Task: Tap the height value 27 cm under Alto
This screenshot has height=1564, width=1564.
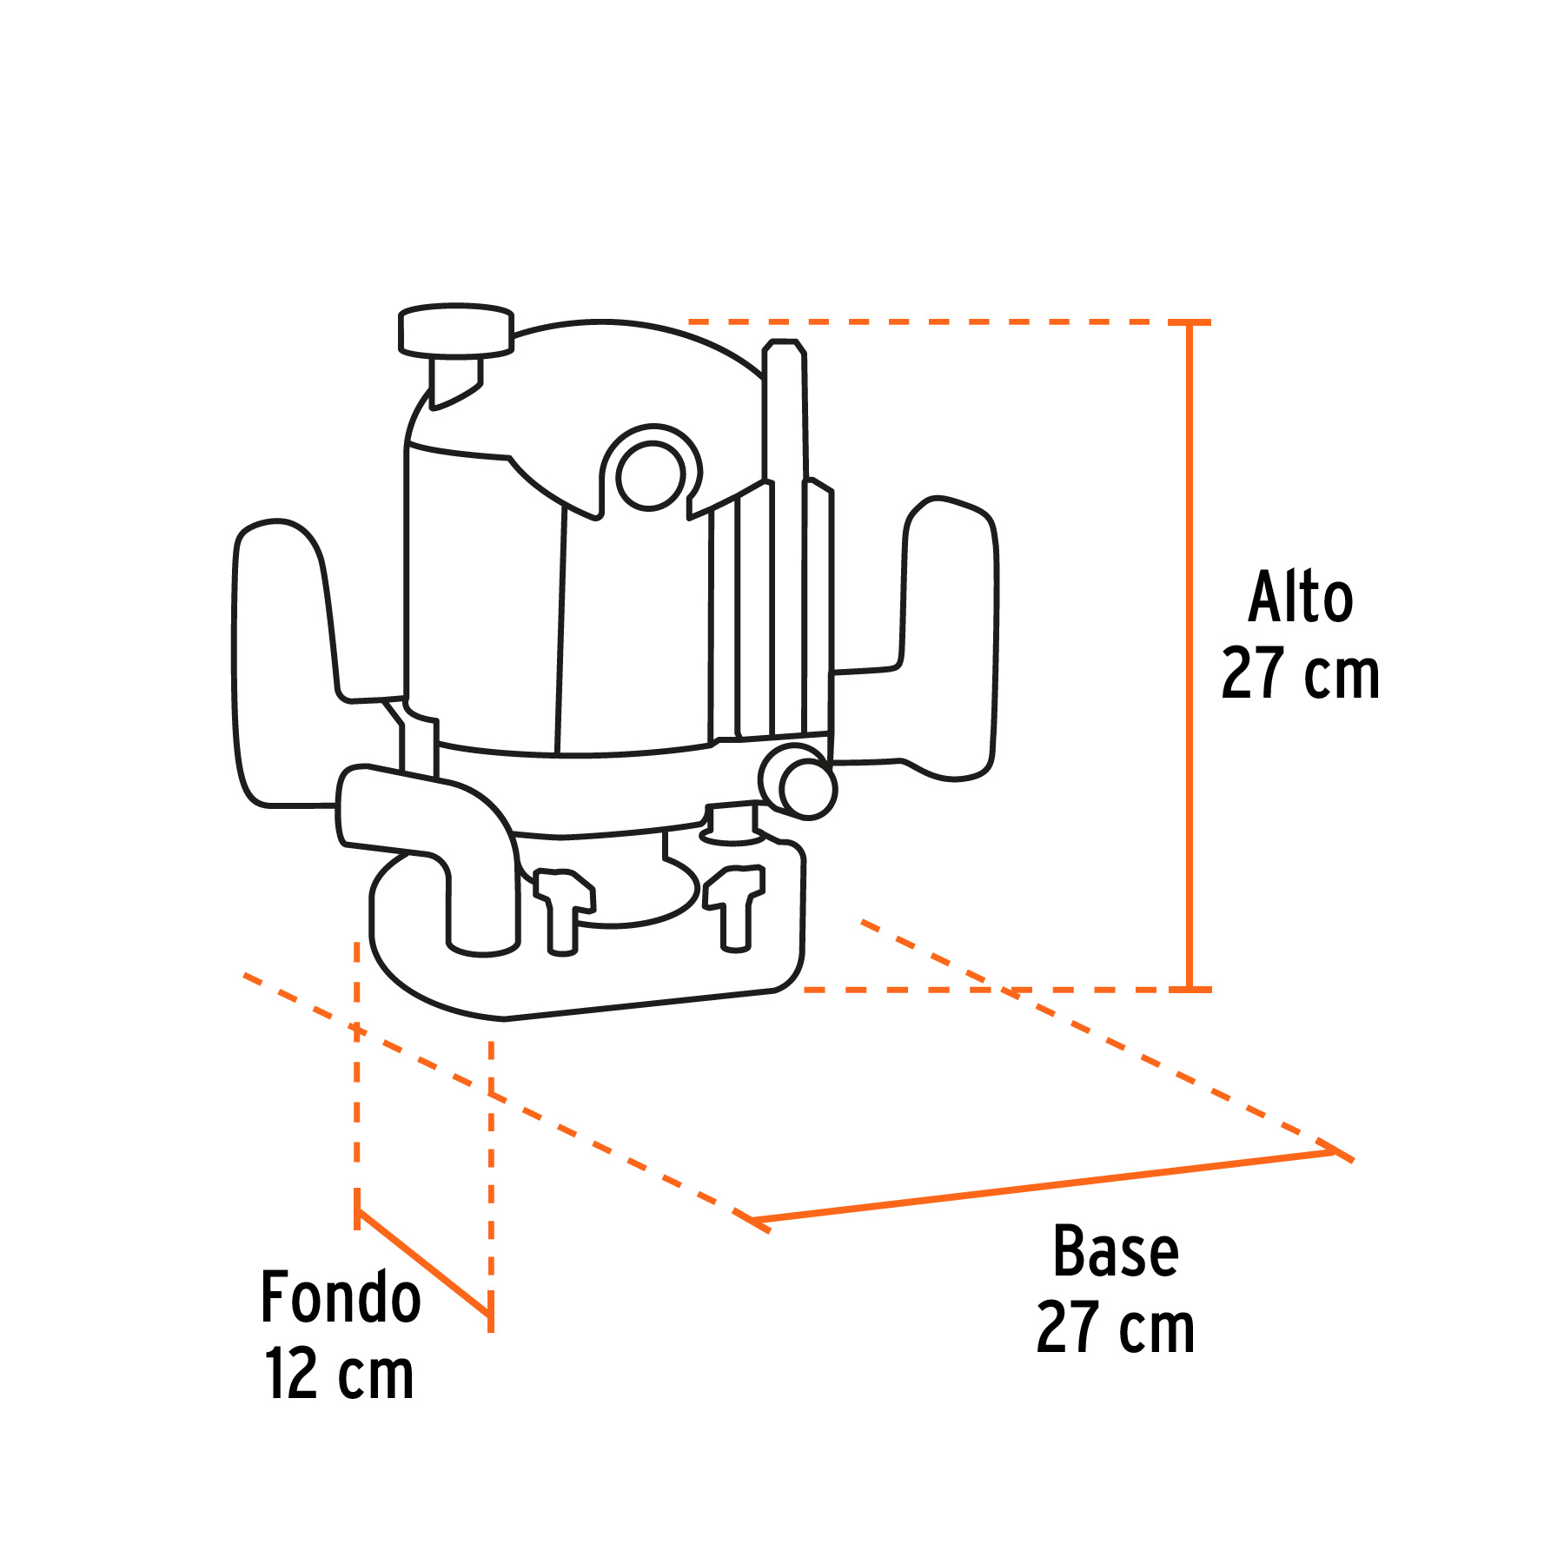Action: click(x=1300, y=673)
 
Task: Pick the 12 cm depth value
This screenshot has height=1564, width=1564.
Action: click(x=339, y=1374)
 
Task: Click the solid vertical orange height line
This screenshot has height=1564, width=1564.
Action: click(x=1190, y=655)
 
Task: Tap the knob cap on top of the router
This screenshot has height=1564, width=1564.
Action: click(x=456, y=330)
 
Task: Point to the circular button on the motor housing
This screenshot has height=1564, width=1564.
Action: click(x=651, y=475)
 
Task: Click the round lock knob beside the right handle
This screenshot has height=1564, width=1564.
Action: click(x=800, y=782)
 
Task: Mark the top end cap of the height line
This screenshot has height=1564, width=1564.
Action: click(x=1190, y=322)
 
